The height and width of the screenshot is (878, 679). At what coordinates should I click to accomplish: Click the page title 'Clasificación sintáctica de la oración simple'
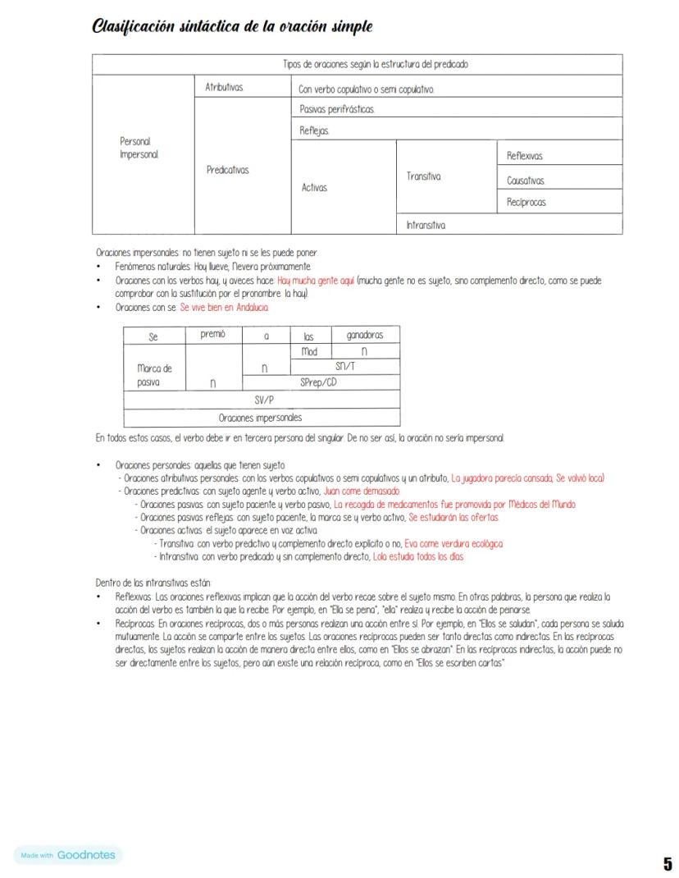233,27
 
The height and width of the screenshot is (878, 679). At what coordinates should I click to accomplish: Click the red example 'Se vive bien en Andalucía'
224,307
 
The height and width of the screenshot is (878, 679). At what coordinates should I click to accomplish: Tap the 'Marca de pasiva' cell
154,375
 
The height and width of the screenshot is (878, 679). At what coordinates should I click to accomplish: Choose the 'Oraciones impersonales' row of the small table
261,417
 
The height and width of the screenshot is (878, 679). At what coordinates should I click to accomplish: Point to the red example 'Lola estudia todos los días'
418,556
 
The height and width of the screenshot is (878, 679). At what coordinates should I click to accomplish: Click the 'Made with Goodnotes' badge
66,855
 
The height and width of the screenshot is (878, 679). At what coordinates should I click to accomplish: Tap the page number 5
668,863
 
